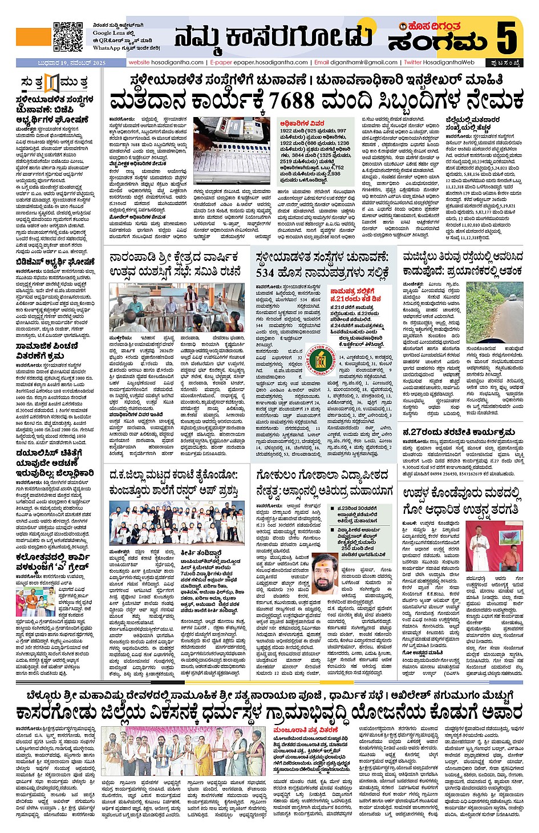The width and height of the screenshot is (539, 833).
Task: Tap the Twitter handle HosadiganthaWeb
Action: pyautogui.click(x=449, y=62)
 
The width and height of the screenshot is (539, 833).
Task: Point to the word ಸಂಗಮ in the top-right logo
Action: pyautogui.click(x=438, y=41)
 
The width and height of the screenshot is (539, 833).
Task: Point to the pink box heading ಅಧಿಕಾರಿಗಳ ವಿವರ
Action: pyautogui.click(x=302, y=123)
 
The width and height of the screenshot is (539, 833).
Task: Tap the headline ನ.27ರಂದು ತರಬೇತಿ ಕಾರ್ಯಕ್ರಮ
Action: pyautogui.click(x=459, y=432)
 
